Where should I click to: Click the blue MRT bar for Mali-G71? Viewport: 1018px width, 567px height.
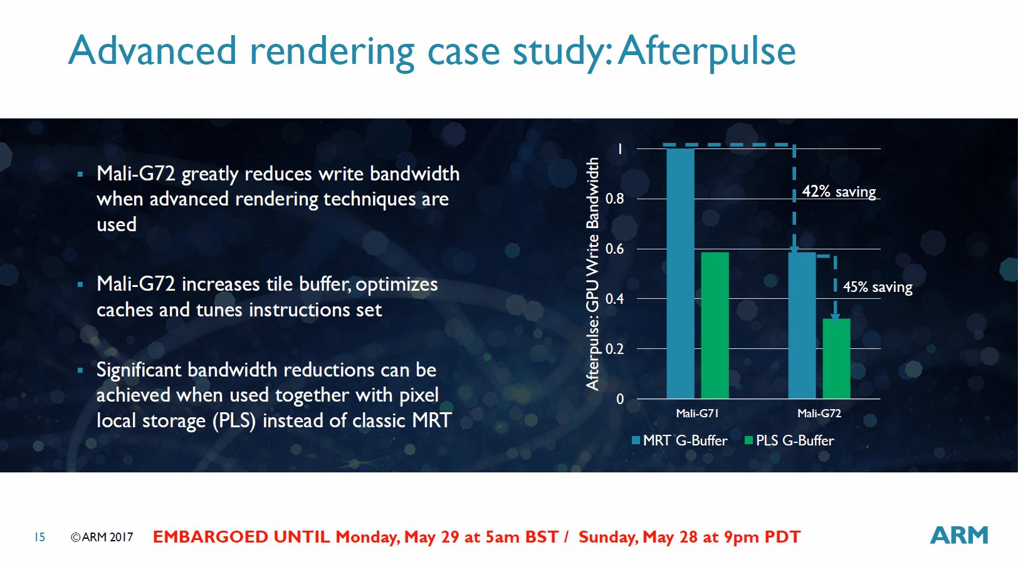pyautogui.click(x=680, y=274)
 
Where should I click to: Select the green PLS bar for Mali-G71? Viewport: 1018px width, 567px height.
pyautogui.click(x=715, y=325)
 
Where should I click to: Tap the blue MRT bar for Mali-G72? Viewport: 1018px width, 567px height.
pyautogui.click(x=802, y=325)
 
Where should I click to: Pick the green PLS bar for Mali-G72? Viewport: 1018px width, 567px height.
pyautogui.click(x=836, y=358)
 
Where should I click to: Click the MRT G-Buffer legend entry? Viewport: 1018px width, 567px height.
pyautogui.click(x=680, y=440)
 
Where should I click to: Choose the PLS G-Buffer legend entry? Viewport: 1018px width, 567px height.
pyautogui.click(x=790, y=440)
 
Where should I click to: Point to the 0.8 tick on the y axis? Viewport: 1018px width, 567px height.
pyautogui.click(x=614, y=199)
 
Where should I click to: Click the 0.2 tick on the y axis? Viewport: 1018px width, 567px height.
pyautogui.click(x=614, y=348)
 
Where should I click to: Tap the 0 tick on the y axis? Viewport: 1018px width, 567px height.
pyautogui.click(x=620, y=399)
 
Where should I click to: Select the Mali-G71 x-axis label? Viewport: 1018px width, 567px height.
pyautogui.click(x=697, y=414)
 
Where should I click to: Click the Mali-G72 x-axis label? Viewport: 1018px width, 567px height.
pyautogui.click(x=819, y=414)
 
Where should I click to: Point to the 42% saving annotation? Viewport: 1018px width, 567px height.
pyautogui.click(x=839, y=191)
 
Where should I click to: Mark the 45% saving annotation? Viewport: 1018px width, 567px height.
pyautogui.click(x=878, y=287)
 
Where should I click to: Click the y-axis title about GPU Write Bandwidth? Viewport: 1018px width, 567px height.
pyautogui.click(x=592, y=274)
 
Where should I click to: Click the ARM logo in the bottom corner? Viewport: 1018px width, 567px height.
pyautogui.click(x=959, y=535)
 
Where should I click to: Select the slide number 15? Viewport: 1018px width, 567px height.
pyautogui.click(x=40, y=537)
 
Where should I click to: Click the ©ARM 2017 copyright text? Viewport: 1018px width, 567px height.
pyautogui.click(x=102, y=537)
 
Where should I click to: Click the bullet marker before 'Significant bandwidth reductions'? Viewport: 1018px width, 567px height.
pyautogui.click(x=80, y=370)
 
